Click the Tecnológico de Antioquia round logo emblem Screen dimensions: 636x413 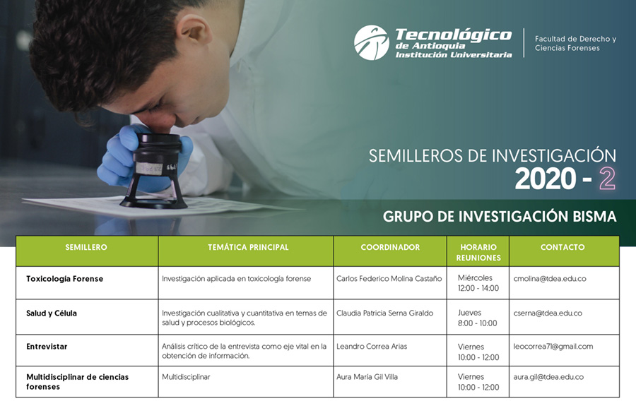coord(371,42)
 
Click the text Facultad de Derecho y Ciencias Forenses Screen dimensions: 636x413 coord(575,43)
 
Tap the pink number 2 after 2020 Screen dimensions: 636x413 coord(607,179)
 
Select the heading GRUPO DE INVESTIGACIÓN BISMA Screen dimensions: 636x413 coord(500,217)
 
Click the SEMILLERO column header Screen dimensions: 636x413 coord(86,247)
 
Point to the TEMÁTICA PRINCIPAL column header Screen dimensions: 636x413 coord(248,247)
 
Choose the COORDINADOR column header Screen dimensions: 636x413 coord(390,247)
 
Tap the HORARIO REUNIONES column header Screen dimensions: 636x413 coord(478,252)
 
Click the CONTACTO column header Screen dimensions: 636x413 coord(563,247)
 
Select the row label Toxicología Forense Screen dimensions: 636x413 coord(64,279)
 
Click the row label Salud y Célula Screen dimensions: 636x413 coord(52,313)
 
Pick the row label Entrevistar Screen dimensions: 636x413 coord(47,347)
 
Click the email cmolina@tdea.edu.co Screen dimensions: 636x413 coord(550,279)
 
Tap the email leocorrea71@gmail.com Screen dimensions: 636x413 coord(553,347)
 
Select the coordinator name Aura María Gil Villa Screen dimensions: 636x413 coord(367,377)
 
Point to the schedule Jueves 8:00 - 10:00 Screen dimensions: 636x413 coord(478,318)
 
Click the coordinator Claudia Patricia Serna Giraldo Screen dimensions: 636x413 coord(384,313)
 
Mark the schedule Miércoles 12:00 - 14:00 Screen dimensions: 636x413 coord(478,283)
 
